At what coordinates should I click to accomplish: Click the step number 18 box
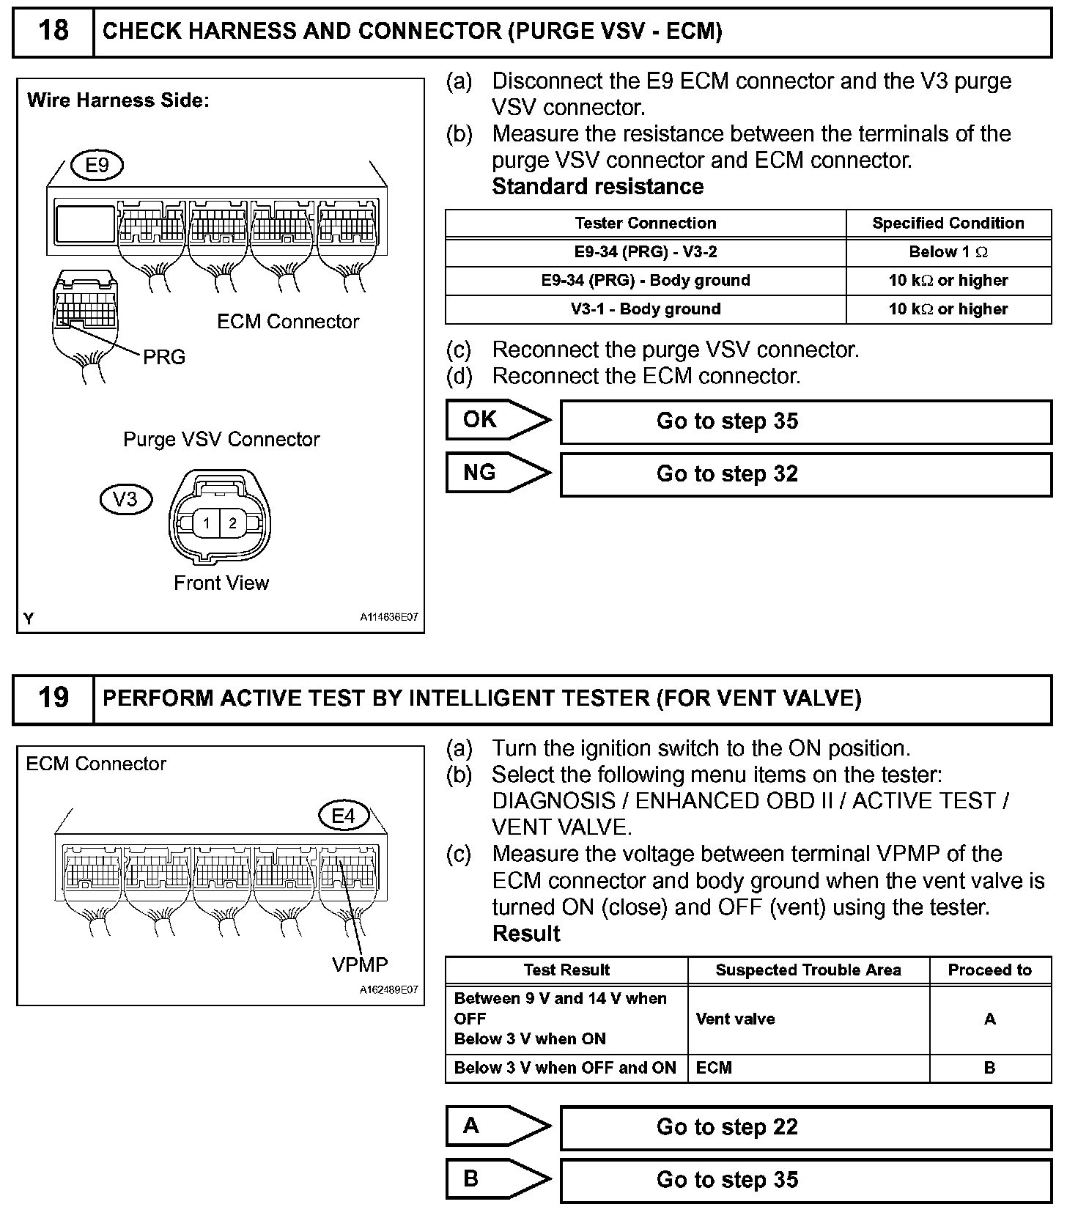53,32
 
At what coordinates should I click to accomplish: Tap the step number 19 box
53,698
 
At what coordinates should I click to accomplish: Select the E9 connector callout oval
97,165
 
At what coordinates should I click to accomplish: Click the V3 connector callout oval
125,500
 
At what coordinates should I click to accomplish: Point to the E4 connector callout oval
343,816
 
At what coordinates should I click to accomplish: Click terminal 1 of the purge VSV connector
207,523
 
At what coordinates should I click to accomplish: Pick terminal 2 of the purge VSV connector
233,523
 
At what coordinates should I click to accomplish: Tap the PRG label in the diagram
163,358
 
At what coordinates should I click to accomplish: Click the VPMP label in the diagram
360,964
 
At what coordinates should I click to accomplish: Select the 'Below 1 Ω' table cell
948,252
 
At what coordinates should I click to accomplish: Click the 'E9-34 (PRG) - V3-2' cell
646,252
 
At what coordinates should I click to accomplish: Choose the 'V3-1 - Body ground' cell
646,309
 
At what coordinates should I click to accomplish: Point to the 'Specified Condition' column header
948,224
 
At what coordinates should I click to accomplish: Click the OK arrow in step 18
498,420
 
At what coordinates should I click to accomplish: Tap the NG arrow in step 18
498,473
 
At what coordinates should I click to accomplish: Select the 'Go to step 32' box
805,474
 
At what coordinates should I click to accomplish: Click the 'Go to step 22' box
805,1127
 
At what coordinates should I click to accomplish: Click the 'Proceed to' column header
989,970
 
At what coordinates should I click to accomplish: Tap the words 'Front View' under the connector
221,583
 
